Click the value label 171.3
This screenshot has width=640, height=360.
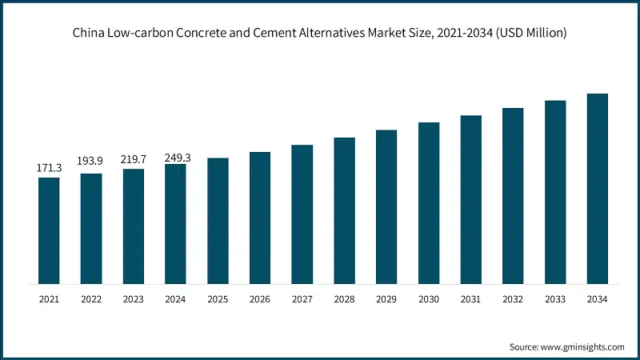[x=49, y=168]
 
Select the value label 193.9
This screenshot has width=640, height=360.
[x=90, y=161]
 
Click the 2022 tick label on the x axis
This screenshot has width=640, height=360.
[x=90, y=299]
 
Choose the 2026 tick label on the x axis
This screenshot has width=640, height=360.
[x=260, y=299]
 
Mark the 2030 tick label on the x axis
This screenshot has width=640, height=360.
[x=429, y=299]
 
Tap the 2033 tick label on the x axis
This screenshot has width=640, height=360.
[x=555, y=299]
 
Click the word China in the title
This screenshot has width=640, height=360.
[x=90, y=33]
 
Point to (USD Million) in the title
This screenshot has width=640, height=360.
[x=533, y=33]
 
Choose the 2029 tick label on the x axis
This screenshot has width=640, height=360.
[x=386, y=299]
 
